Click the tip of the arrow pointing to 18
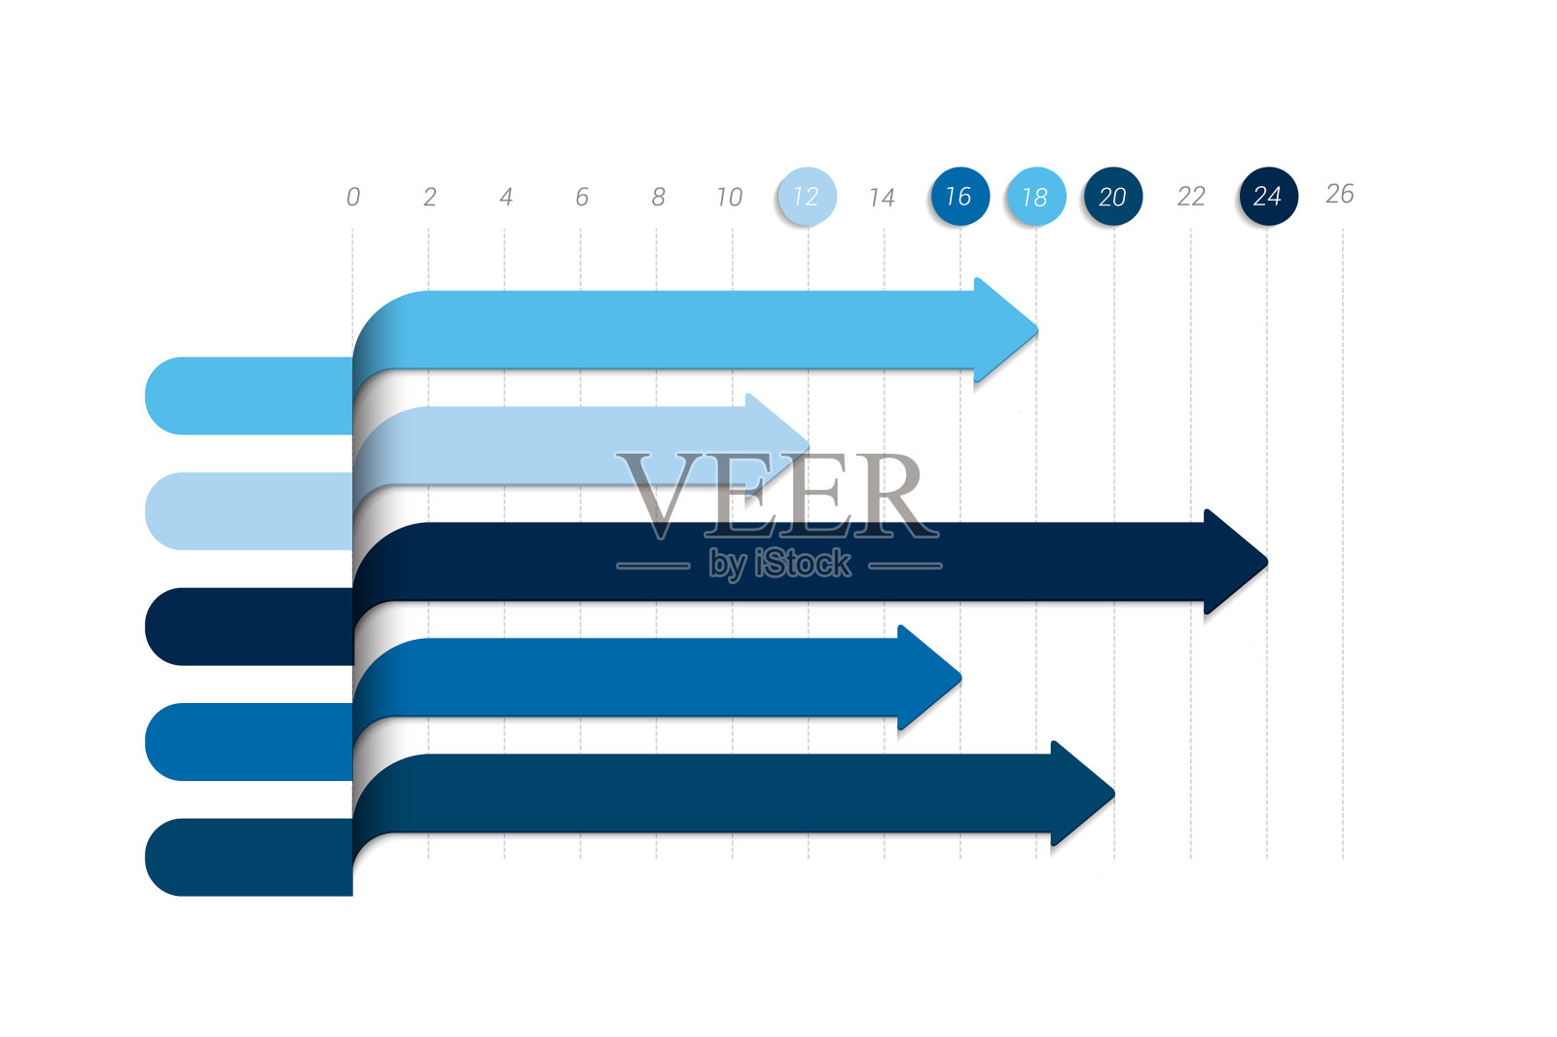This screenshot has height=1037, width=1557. pos(1037,330)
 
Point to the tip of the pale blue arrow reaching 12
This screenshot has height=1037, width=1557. pos(809,445)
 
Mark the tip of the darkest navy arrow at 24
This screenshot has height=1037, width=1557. pos(1268,561)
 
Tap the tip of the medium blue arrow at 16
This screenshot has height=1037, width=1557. pos(961,677)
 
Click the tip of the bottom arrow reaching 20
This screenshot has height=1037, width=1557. pos(1115,793)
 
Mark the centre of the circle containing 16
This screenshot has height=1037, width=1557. pos(960,196)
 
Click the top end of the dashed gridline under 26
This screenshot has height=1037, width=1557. pos(1343,231)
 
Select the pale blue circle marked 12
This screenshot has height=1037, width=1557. pos(807,196)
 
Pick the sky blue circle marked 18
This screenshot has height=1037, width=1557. pos(1036,196)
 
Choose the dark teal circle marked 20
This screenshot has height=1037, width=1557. pos(1113,196)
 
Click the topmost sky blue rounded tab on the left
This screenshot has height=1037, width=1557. pos(249,395)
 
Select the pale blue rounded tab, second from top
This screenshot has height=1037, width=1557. pos(249,511)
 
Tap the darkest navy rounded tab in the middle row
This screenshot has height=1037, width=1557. pos(249,627)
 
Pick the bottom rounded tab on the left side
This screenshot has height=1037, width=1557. pos(249,858)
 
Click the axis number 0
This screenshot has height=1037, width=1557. pos(353,197)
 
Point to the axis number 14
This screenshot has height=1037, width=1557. pos(882,198)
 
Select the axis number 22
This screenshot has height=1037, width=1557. pos(1191,197)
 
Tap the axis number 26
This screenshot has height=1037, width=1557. pos(1339,194)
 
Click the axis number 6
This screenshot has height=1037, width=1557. pos(582,197)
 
